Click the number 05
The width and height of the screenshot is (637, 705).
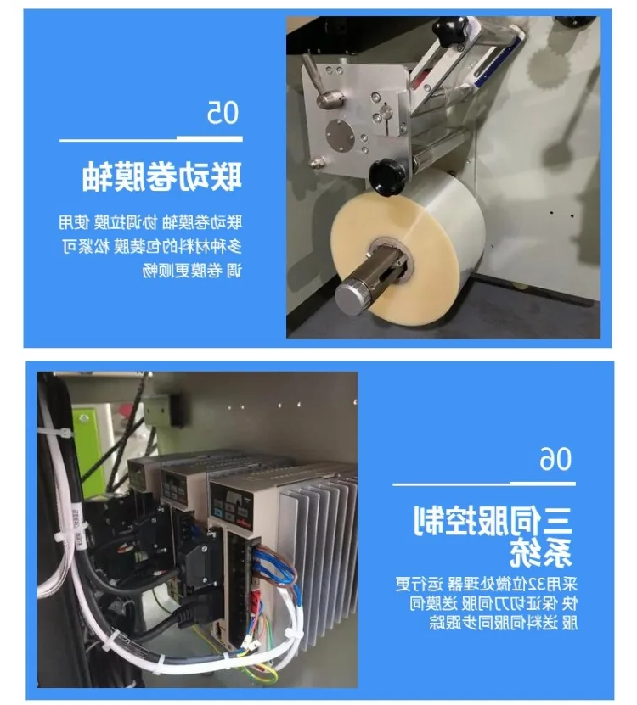click(223, 112)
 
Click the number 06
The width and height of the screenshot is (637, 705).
click(555, 459)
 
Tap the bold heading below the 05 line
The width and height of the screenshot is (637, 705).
click(162, 176)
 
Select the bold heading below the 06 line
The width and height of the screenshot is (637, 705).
click(493, 536)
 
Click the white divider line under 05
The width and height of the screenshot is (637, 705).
click(151, 139)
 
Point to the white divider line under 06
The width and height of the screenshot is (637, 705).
click(484, 484)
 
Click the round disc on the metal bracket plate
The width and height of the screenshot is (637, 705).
click(341, 136)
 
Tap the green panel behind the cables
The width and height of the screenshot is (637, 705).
click(90, 450)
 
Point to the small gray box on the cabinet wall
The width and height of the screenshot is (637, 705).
click(163, 411)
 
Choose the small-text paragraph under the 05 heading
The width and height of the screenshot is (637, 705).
click(151, 246)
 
